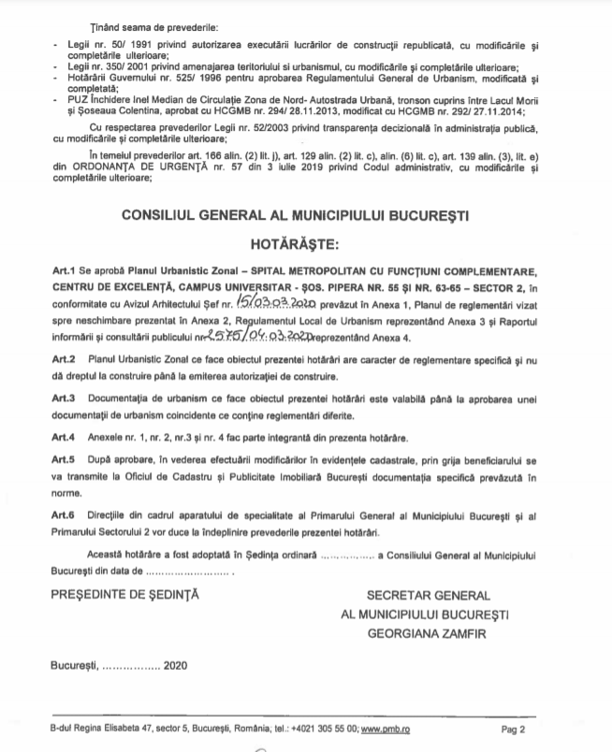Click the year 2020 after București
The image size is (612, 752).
click(x=175, y=666)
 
